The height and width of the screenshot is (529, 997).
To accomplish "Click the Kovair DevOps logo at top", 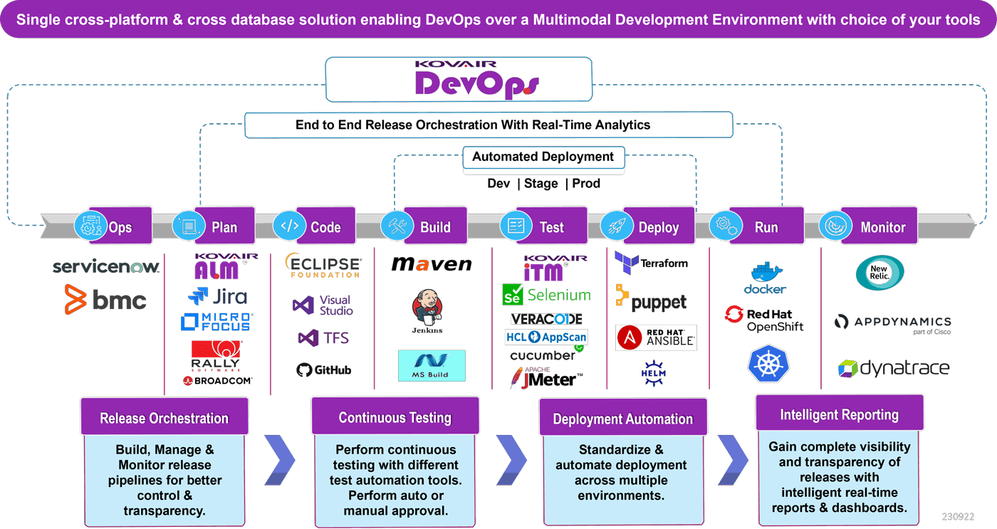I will click(459, 78).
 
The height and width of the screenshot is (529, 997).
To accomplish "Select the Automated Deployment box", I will click(543, 157).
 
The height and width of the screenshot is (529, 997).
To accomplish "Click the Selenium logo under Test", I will click(546, 295).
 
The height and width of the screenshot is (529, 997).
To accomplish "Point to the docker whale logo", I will click(766, 278).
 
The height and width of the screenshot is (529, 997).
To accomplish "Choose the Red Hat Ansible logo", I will click(656, 337).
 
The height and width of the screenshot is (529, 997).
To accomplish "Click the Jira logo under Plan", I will click(218, 296).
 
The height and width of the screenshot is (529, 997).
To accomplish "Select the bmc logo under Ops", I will click(105, 300).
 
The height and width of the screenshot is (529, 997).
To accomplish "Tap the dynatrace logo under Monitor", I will click(893, 369).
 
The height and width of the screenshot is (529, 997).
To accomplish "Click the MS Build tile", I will click(432, 365).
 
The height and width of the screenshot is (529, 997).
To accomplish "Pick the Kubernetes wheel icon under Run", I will click(768, 364).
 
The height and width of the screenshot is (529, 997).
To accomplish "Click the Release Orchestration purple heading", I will click(165, 417).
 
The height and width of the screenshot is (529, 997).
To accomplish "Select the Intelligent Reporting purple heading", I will click(839, 414).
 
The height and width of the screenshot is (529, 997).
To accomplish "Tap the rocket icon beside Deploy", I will click(617, 226).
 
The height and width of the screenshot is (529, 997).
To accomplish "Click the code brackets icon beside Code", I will click(290, 226).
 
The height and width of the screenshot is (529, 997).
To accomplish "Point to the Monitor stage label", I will click(882, 227).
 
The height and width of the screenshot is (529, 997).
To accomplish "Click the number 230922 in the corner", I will click(957, 517).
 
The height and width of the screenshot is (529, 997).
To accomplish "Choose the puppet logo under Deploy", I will click(652, 301).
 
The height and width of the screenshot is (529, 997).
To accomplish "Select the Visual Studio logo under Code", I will click(323, 305).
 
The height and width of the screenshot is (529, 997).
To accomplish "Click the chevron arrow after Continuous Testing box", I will click(511, 460).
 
